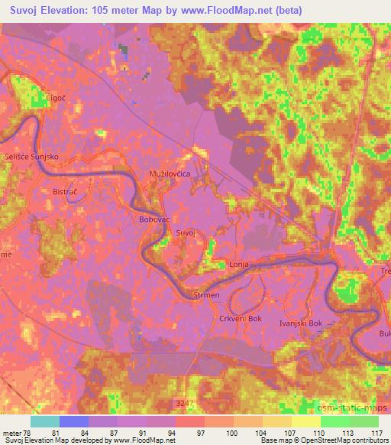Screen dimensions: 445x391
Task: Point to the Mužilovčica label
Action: coord(170,174)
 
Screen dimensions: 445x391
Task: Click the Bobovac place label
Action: coord(153,219)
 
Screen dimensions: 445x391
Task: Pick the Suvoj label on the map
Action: coord(186,232)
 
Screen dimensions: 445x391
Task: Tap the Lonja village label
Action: coord(240,265)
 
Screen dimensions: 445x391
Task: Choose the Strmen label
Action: coord(207,294)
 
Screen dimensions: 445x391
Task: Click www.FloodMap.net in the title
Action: coord(233,11)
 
